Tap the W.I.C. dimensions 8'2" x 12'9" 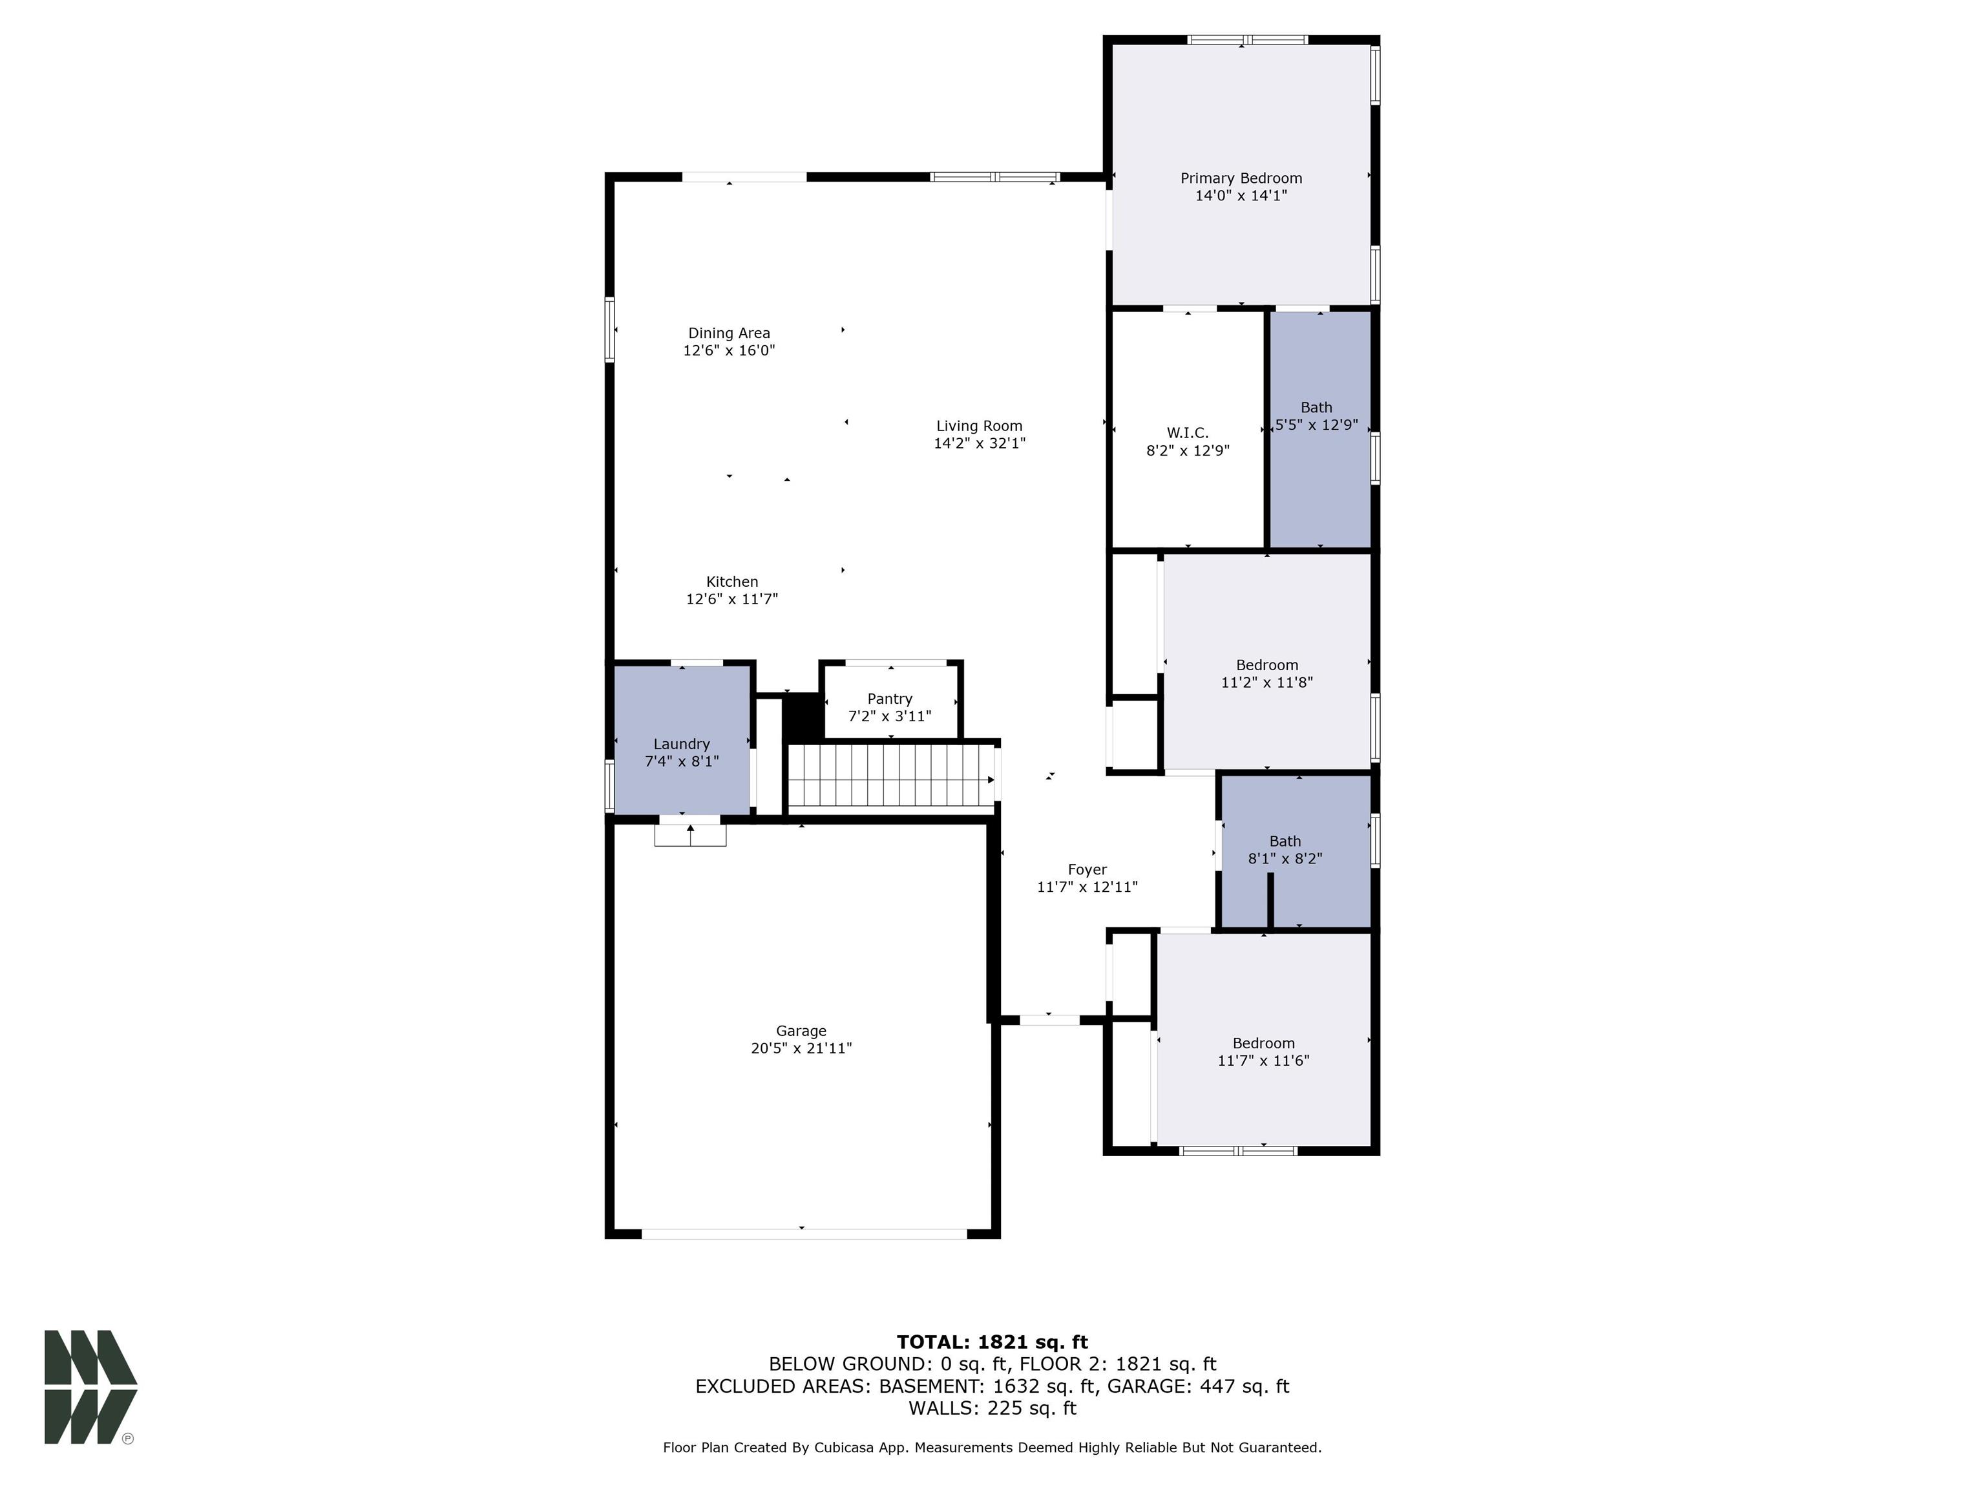click(1186, 450)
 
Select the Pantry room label click(889, 698)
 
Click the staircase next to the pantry click(890, 777)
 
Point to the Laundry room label click(681, 743)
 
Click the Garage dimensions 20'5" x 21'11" click(801, 1048)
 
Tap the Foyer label click(1087, 869)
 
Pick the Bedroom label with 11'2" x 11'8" click(1266, 665)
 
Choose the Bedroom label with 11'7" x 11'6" click(1263, 1043)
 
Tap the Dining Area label click(729, 333)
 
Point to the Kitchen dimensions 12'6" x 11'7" click(731, 598)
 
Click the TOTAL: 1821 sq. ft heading click(992, 1342)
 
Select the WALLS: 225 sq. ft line click(992, 1408)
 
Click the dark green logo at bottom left click(90, 1387)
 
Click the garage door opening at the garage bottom click(803, 1233)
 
